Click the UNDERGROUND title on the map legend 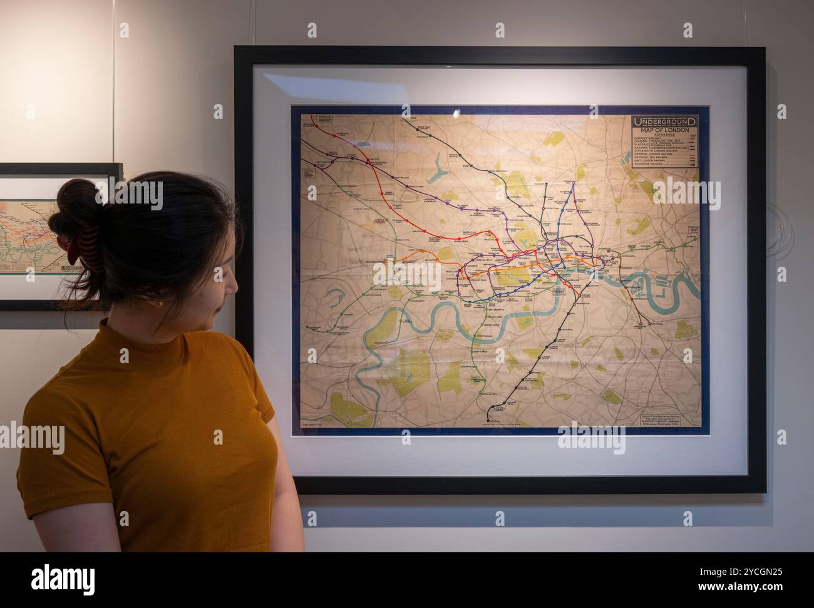click(x=664, y=121)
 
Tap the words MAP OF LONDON click(x=664, y=130)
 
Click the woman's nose click(x=235, y=287)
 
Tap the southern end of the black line click(x=489, y=416)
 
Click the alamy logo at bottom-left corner click(x=57, y=577)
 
